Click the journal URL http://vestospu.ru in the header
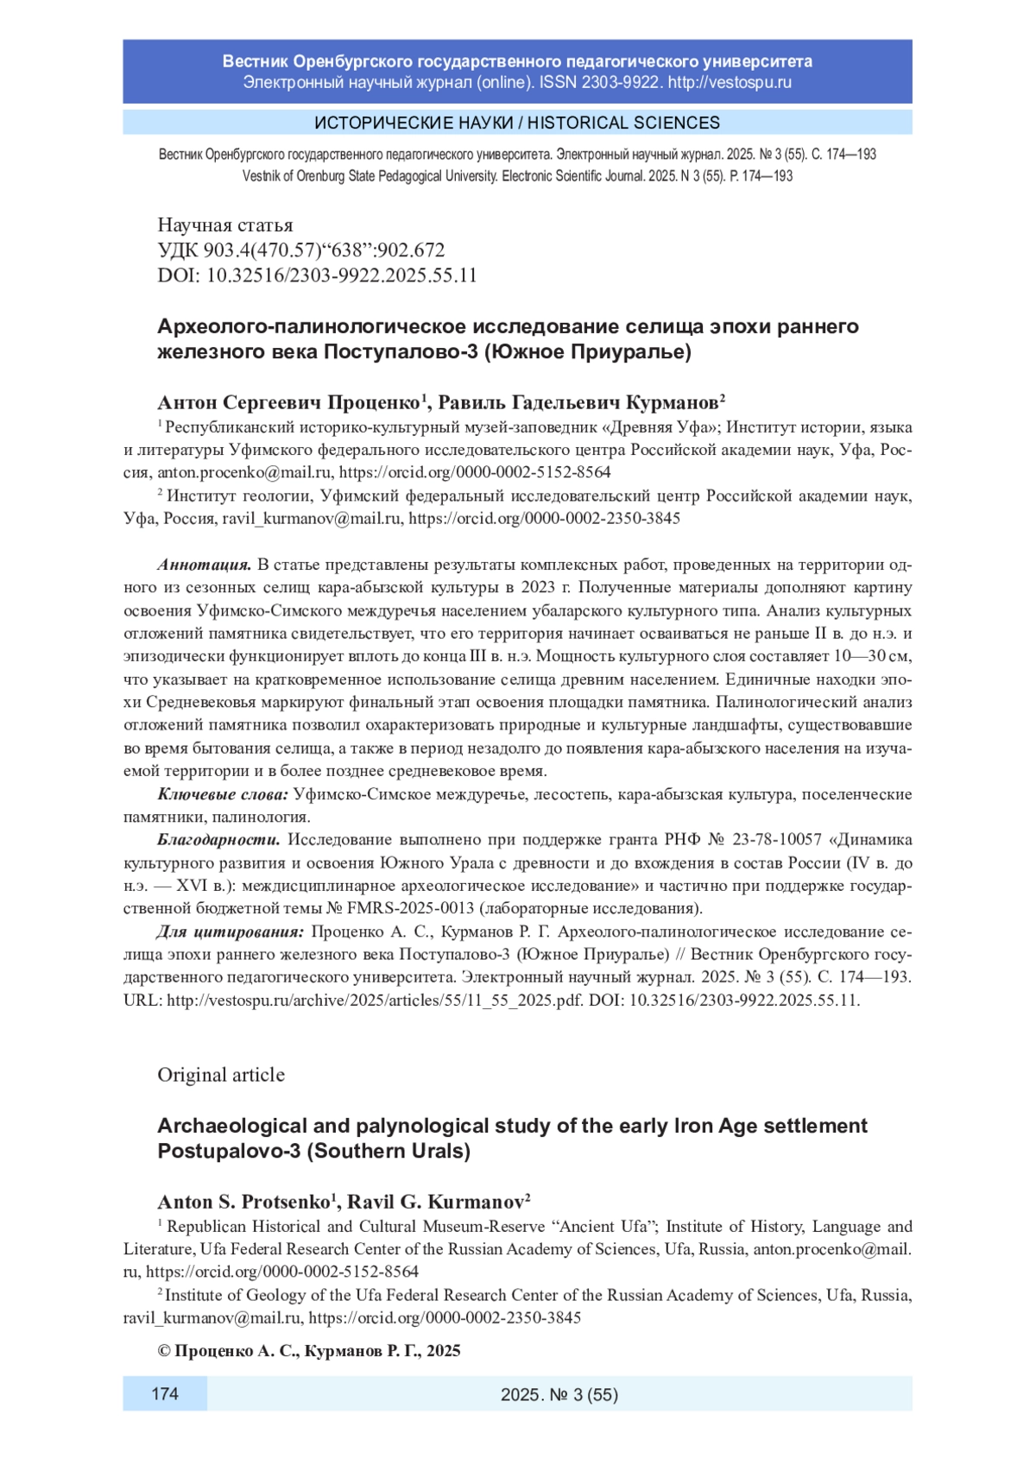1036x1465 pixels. coord(730,83)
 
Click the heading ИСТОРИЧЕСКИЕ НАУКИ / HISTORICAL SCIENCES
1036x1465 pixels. coord(517,123)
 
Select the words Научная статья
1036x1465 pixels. coord(225,225)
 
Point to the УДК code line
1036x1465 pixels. coord(301,250)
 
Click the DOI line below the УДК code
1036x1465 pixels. coord(317,275)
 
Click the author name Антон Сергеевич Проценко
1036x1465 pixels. coord(288,403)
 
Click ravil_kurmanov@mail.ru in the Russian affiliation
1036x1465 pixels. coord(312,519)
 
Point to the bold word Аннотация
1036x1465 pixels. coord(204,565)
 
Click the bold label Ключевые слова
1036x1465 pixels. coord(223,794)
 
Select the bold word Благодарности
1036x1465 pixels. coord(218,840)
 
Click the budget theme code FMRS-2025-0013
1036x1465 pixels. coord(411,909)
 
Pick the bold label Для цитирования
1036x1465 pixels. coord(230,932)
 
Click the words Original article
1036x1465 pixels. coord(221,1075)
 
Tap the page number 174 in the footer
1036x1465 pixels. coord(165,1393)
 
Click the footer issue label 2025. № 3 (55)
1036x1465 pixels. coord(559,1394)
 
